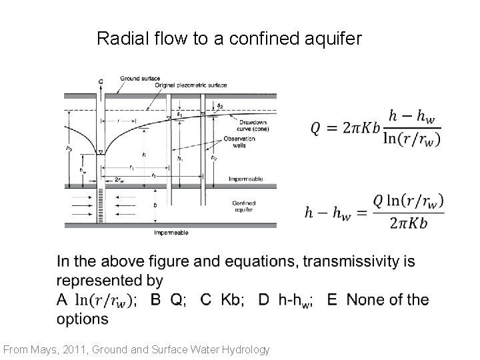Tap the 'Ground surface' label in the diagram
[x=139, y=78]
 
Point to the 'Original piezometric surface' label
[x=190, y=85]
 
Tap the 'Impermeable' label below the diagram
[x=171, y=233]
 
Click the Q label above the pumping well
[x=101, y=81]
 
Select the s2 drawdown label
[x=220, y=107]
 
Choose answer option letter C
[x=206, y=299]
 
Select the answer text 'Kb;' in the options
[x=232, y=299]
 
